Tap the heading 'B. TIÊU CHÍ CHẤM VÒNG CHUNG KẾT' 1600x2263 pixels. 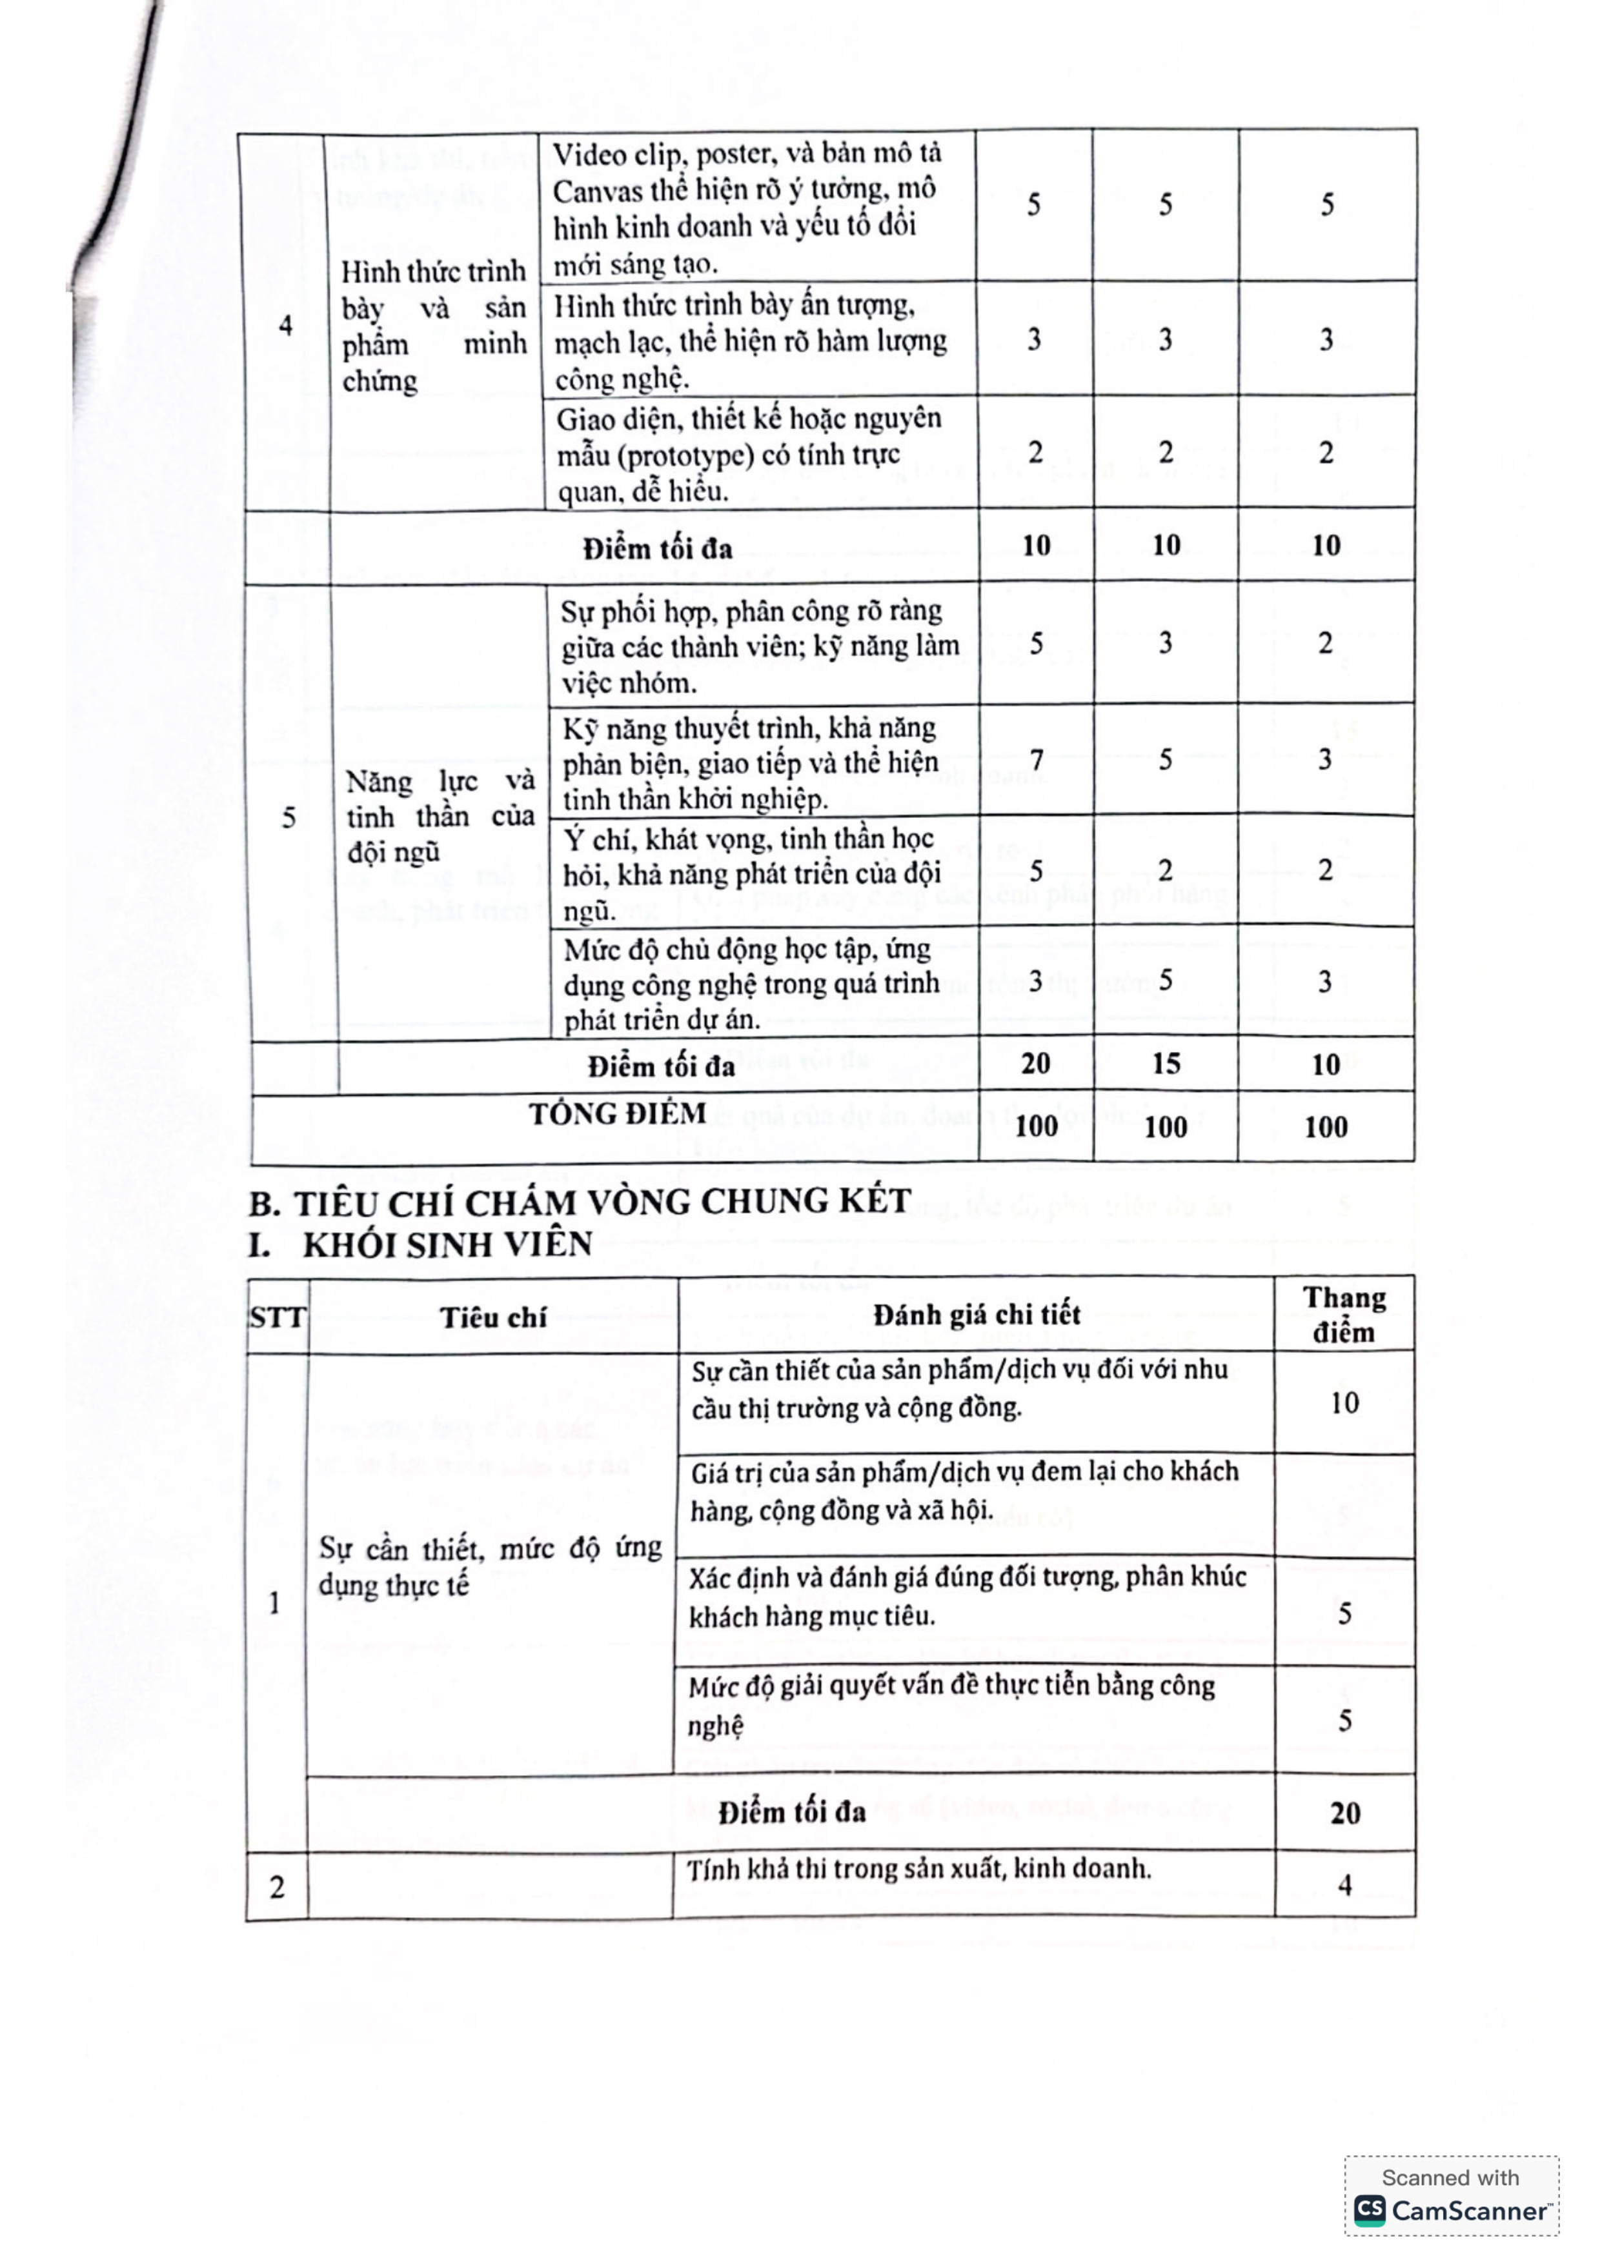click(x=580, y=1202)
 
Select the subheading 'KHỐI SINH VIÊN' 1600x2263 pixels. click(x=445, y=1246)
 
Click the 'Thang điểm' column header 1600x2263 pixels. click(x=1344, y=1315)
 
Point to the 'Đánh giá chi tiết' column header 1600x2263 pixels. click(x=976, y=1315)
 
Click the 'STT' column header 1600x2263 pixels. click(x=277, y=1318)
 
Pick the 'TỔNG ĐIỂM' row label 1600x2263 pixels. click(x=617, y=1115)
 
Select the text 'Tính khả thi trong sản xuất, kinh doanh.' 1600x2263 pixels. click(x=919, y=1869)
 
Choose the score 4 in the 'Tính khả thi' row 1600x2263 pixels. click(x=1344, y=1886)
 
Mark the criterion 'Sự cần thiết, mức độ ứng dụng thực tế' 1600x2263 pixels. click(x=490, y=1566)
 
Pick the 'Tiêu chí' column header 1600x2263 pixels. click(x=493, y=1318)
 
